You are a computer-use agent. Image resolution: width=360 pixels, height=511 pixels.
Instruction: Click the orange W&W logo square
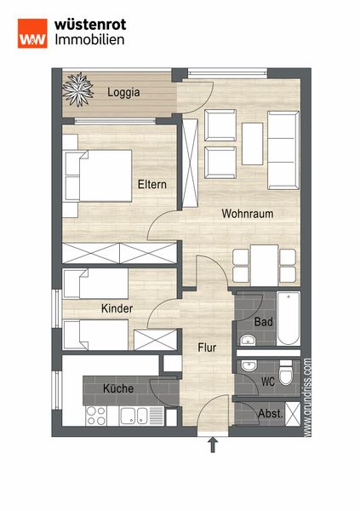point(32,33)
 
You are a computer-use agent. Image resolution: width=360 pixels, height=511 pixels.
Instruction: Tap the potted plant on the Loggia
point(77,89)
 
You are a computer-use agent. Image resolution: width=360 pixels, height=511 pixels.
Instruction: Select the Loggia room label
point(123,93)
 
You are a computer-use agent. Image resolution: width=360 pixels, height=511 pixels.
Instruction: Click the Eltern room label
point(152,185)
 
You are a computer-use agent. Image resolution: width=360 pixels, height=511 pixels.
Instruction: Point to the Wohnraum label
point(248,214)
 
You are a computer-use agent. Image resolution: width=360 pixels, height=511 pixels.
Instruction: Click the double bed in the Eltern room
point(98,176)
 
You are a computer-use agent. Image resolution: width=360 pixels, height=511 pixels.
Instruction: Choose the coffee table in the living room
point(253,144)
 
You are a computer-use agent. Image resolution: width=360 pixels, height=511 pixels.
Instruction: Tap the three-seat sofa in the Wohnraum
point(283,150)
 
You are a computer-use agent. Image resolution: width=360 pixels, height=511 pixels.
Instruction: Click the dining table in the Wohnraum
point(264,266)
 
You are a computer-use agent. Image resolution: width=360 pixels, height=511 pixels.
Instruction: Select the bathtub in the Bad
point(289,319)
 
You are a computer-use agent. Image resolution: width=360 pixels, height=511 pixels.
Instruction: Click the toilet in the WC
point(286,374)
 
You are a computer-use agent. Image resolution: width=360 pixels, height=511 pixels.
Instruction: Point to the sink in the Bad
point(248,341)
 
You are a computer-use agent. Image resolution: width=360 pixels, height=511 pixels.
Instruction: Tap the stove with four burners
point(97,416)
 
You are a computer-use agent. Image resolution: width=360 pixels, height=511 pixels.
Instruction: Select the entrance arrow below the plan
point(213,445)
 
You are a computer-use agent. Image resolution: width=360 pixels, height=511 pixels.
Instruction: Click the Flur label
point(207,347)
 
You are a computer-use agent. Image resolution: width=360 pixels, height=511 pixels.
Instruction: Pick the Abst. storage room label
point(271,414)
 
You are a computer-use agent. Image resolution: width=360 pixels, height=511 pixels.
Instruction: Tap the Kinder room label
point(117,308)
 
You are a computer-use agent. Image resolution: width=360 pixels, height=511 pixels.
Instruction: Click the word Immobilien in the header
point(89,39)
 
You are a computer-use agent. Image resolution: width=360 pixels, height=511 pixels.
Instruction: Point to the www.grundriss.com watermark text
point(307,397)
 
